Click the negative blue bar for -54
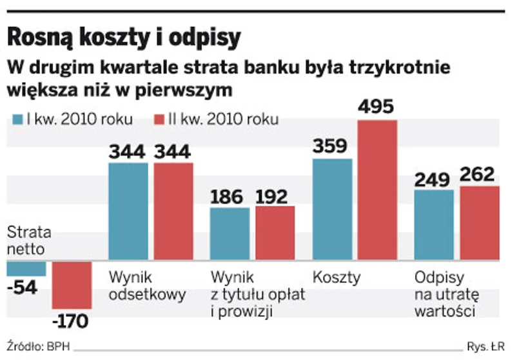click(26, 268)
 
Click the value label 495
click(377, 107)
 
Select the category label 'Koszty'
click(336, 278)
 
